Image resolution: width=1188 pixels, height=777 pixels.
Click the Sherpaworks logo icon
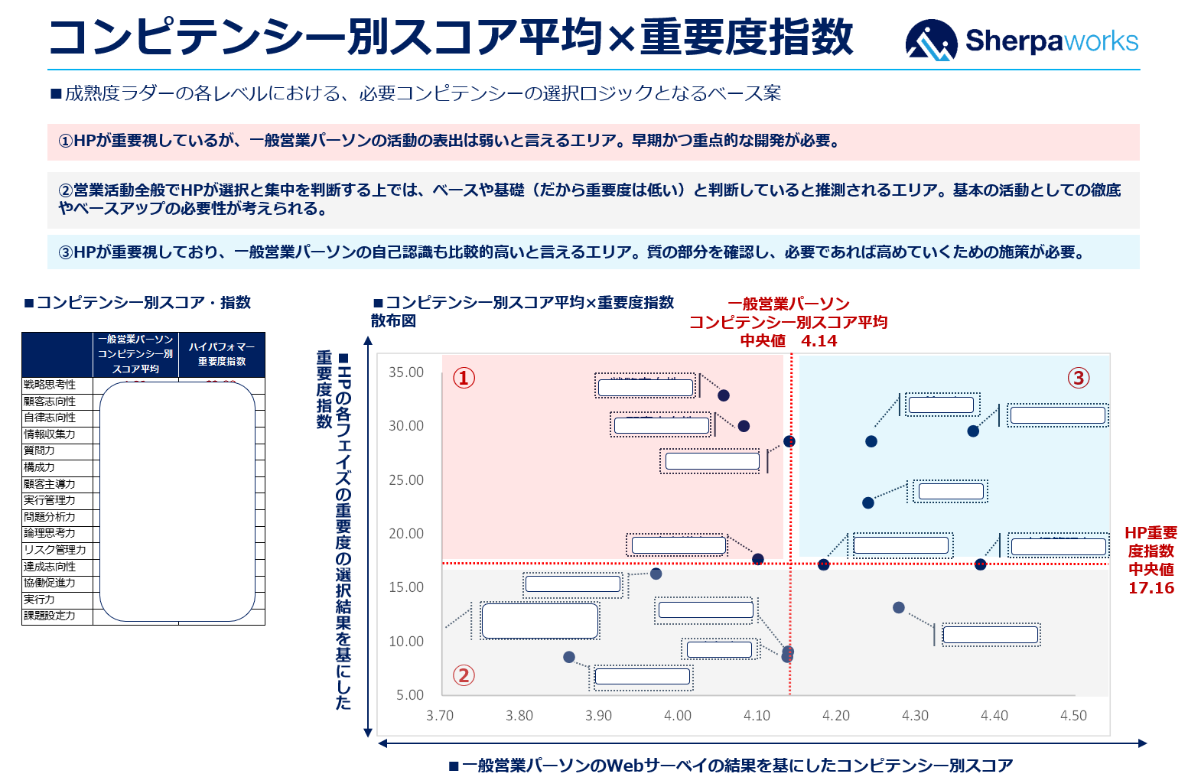click(x=931, y=40)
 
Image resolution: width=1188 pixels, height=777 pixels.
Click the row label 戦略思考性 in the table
click(x=50, y=385)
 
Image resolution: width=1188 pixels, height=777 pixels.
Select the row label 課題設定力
click(x=50, y=616)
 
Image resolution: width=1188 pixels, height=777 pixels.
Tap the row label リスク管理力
click(x=55, y=550)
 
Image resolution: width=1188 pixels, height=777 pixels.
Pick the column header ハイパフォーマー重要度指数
click(x=222, y=354)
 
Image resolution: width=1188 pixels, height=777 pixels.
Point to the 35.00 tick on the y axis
click(x=405, y=372)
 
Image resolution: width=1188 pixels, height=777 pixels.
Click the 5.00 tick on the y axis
click(x=410, y=695)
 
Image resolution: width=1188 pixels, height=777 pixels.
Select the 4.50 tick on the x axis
click(x=1073, y=716)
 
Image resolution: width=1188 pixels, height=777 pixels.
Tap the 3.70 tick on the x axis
click(x=440, y=716)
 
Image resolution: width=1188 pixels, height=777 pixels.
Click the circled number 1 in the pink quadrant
click(x=464, y=378)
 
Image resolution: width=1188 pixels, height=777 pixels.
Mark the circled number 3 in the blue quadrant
click(x=1079, y=378)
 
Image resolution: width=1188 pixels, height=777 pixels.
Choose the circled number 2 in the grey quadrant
click(x=464, y=675)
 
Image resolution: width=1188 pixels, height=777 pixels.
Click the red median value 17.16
click(x=1151, y=588)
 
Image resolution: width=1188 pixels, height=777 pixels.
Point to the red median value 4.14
click(x=819, y=341)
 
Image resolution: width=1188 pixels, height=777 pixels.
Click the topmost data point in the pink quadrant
click(x=724, y=395)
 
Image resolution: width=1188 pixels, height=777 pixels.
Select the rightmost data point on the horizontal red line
click(x=981, y=564)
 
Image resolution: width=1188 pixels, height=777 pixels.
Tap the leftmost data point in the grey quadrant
click(x=569, y=657)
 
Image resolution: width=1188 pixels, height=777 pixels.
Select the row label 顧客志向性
click(x=50, y=402)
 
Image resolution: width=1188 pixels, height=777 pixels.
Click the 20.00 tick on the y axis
click(x=405, y=534)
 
